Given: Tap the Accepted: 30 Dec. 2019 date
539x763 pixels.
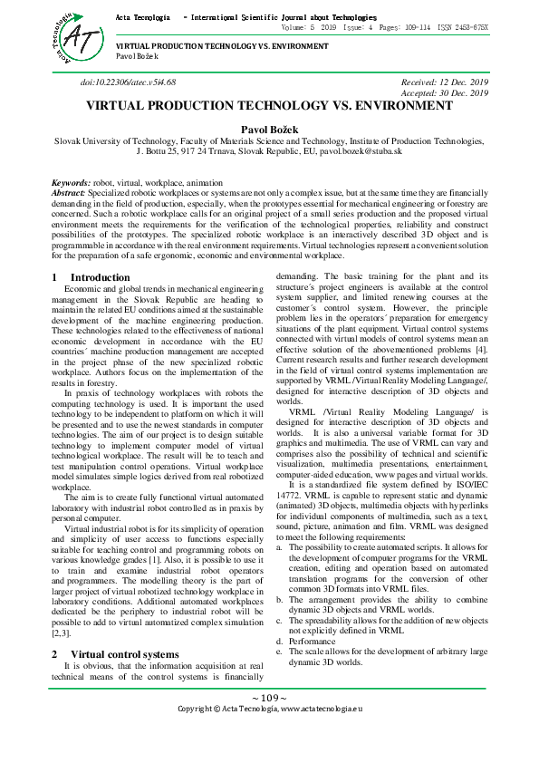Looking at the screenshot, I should [x=445, y=93].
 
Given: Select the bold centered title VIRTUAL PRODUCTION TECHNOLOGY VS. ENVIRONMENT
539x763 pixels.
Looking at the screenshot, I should [x=269, y=106].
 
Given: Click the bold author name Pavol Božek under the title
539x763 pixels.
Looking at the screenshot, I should [x=269, y=130].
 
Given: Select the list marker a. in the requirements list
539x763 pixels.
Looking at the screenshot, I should [x=279, y=548].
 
